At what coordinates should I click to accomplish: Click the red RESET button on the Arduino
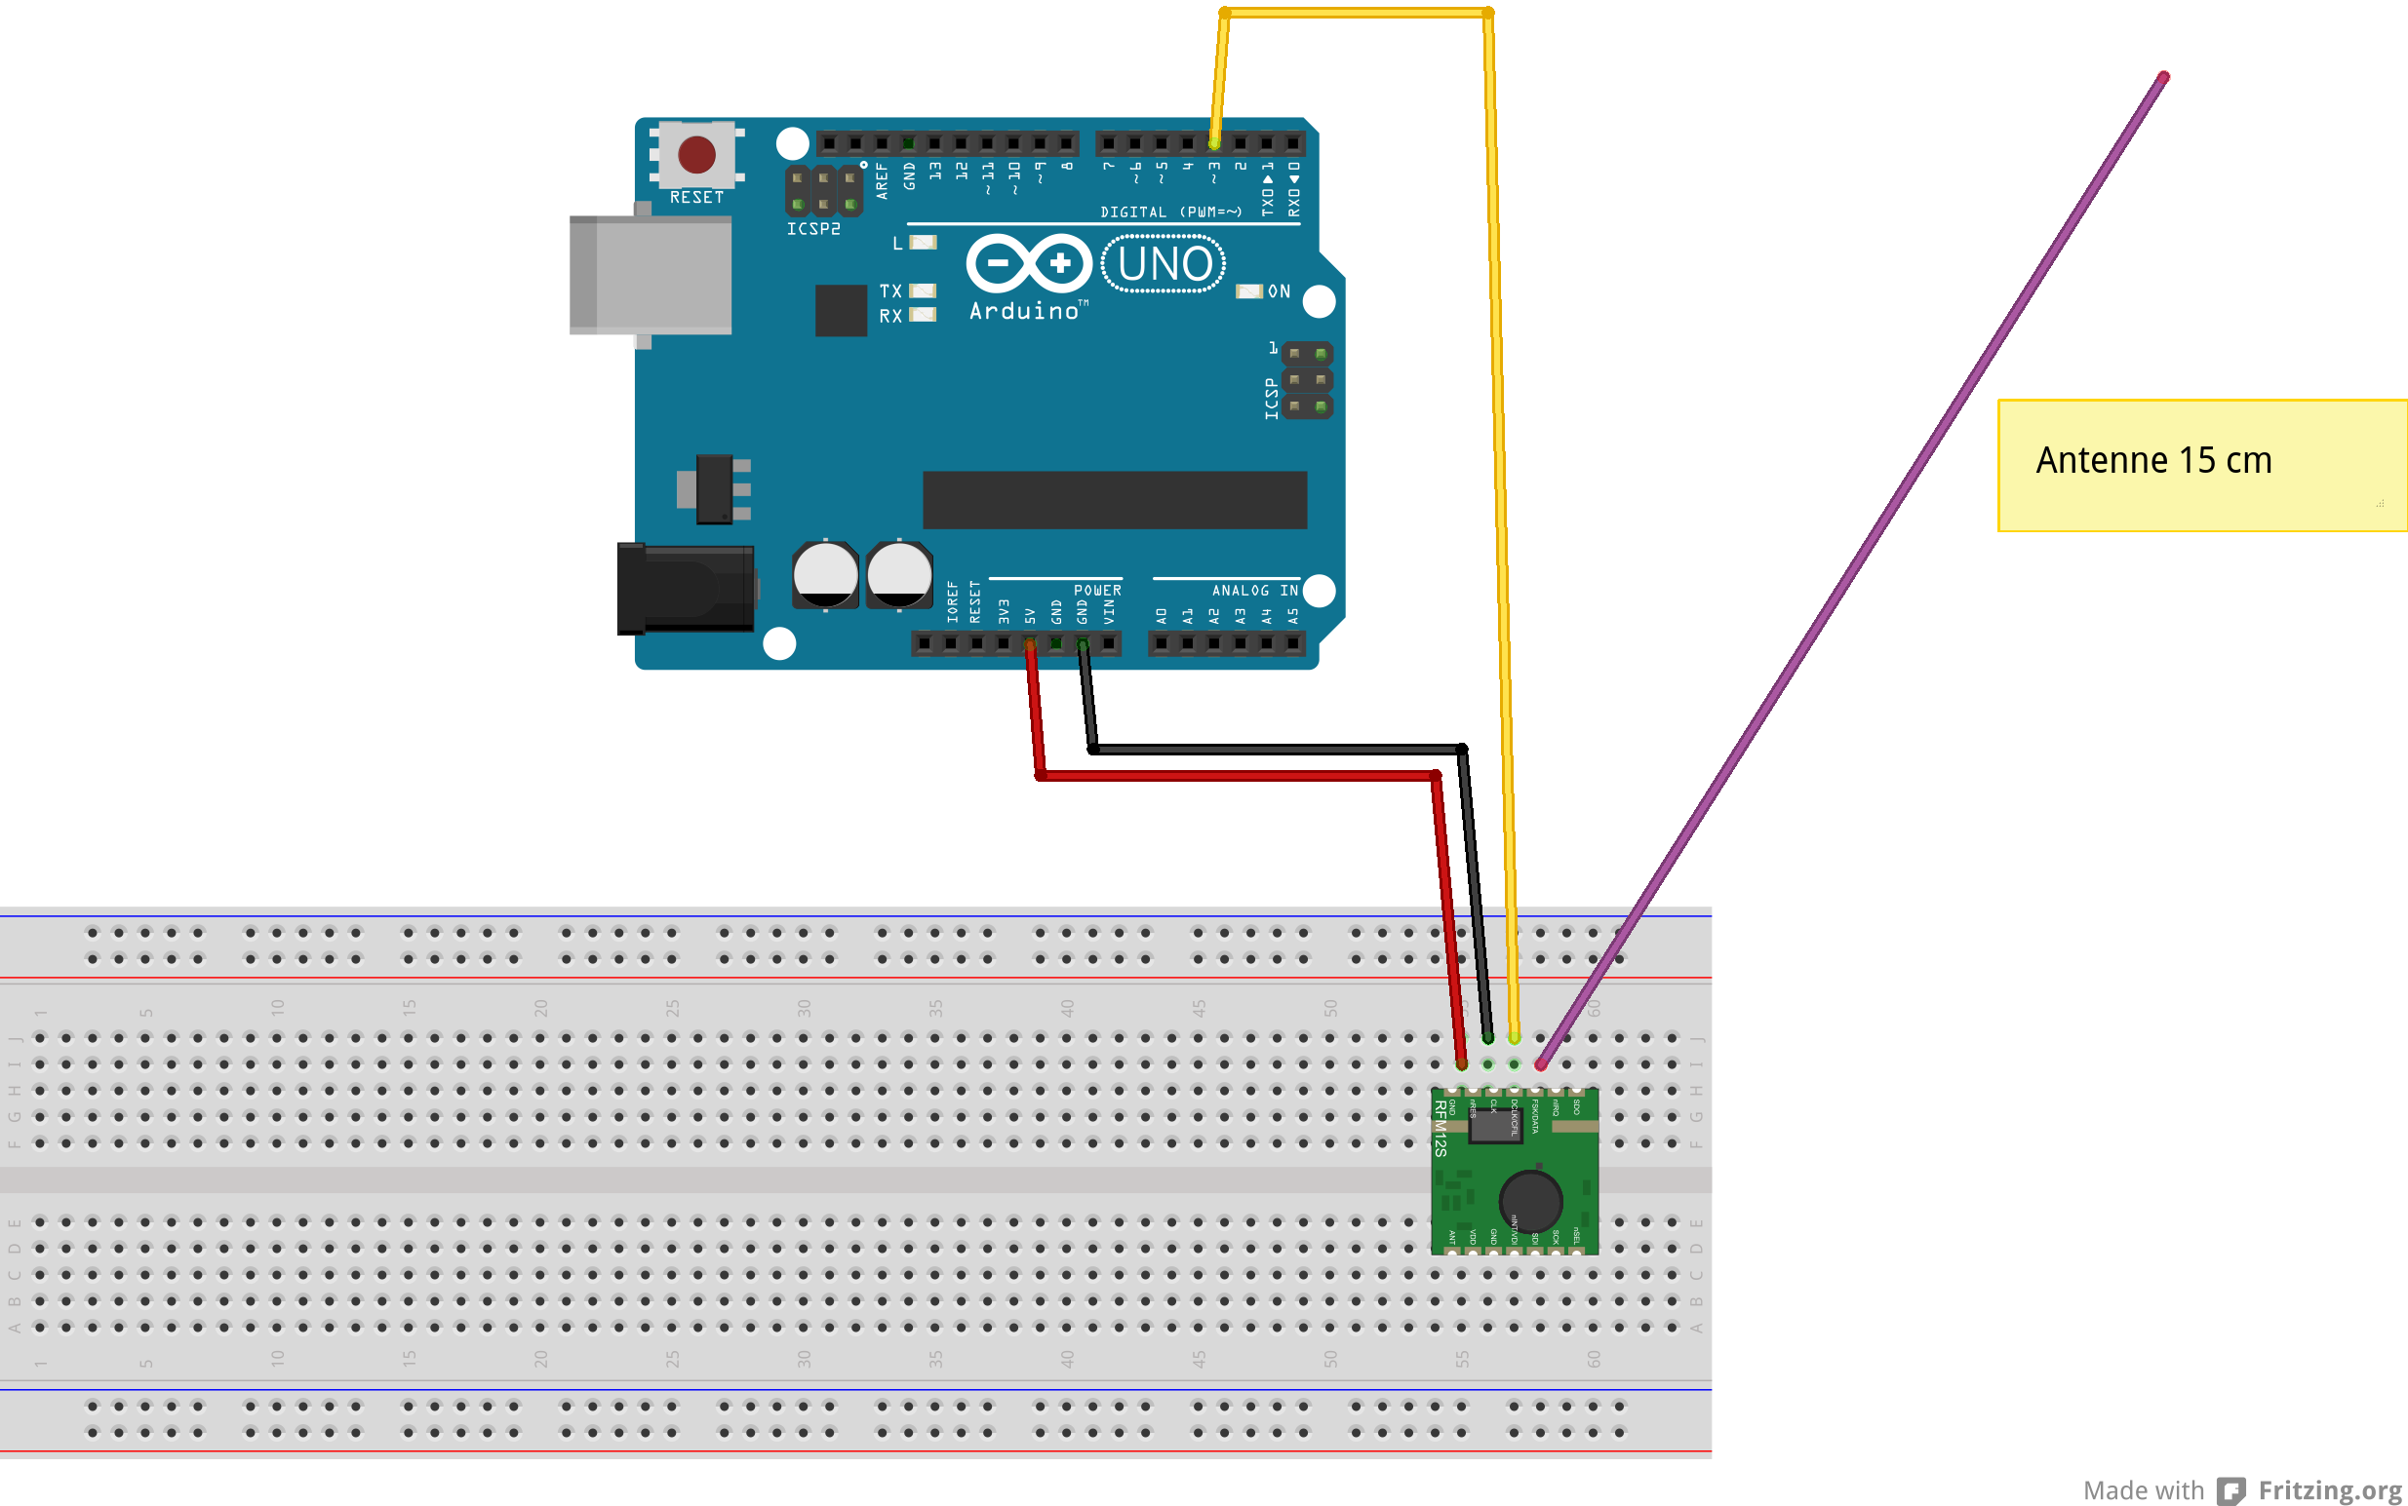pyautogui.click(x=696, y=154)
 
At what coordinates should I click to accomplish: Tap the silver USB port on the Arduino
pyautogui.click(x=651, y=274)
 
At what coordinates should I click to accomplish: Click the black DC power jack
pyautogui.click(x=686, y=589)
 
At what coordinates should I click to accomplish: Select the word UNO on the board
pyautogui.click(x=1165, y=264)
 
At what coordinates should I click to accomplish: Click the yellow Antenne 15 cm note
pyautogui.click(x=2202, y=465)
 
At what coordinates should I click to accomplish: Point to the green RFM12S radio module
pyautogui.click(x=1515, y=1172)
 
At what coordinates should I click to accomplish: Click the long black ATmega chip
pyautogui.click(x=1114, y=500)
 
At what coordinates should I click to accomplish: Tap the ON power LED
pyautogui.click(x=1248, y=290)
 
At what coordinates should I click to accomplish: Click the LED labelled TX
pyautogui.click(x=923, y=290)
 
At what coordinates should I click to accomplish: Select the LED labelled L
pyautogui.click(x=924, y=242)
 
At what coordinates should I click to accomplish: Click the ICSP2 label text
pyautogui.click(x=813, y=229)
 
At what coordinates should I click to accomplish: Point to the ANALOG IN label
pyautogui.click(x=1254, y=591)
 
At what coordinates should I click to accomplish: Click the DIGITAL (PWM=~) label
pyautogui.click(x=1170, y=212)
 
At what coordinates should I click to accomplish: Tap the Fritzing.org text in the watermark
pyautogui.click(x=2329, y=1490)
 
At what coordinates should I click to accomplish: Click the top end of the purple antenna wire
pyautogui.click(x=2163, y=77)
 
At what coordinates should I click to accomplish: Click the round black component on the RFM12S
pyautogui.click(x=1530, y=1201)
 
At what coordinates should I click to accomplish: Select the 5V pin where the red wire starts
pyautogui.click(x=1030, y=644)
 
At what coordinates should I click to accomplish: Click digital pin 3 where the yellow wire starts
pyautogui.click(x=1214, y=143)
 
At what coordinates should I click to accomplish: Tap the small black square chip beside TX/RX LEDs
pyautogui.click(x=841, y=311)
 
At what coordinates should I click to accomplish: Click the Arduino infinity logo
pyautogui.click(x=1029, y=263)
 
